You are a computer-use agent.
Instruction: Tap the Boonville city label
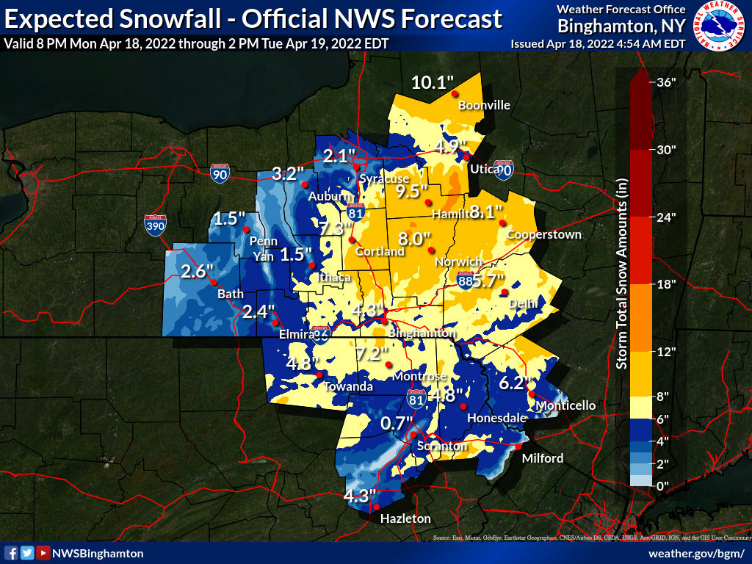coord(484,105)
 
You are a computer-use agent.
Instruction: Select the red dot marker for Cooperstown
coord(502,223)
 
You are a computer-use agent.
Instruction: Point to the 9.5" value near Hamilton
coord(412,192)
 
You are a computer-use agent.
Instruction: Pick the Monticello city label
coord(565,405)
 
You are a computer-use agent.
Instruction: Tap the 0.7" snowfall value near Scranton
coord(397,423)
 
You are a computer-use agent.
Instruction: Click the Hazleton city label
coord(405,518)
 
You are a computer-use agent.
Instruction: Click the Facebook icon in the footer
coord(11,553)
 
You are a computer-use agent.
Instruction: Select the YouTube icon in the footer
coord(43,553)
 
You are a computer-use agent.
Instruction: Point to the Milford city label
coord(543,458)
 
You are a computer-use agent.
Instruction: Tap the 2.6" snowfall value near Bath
coord(196,272)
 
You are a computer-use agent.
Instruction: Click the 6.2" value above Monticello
coord(514,383)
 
